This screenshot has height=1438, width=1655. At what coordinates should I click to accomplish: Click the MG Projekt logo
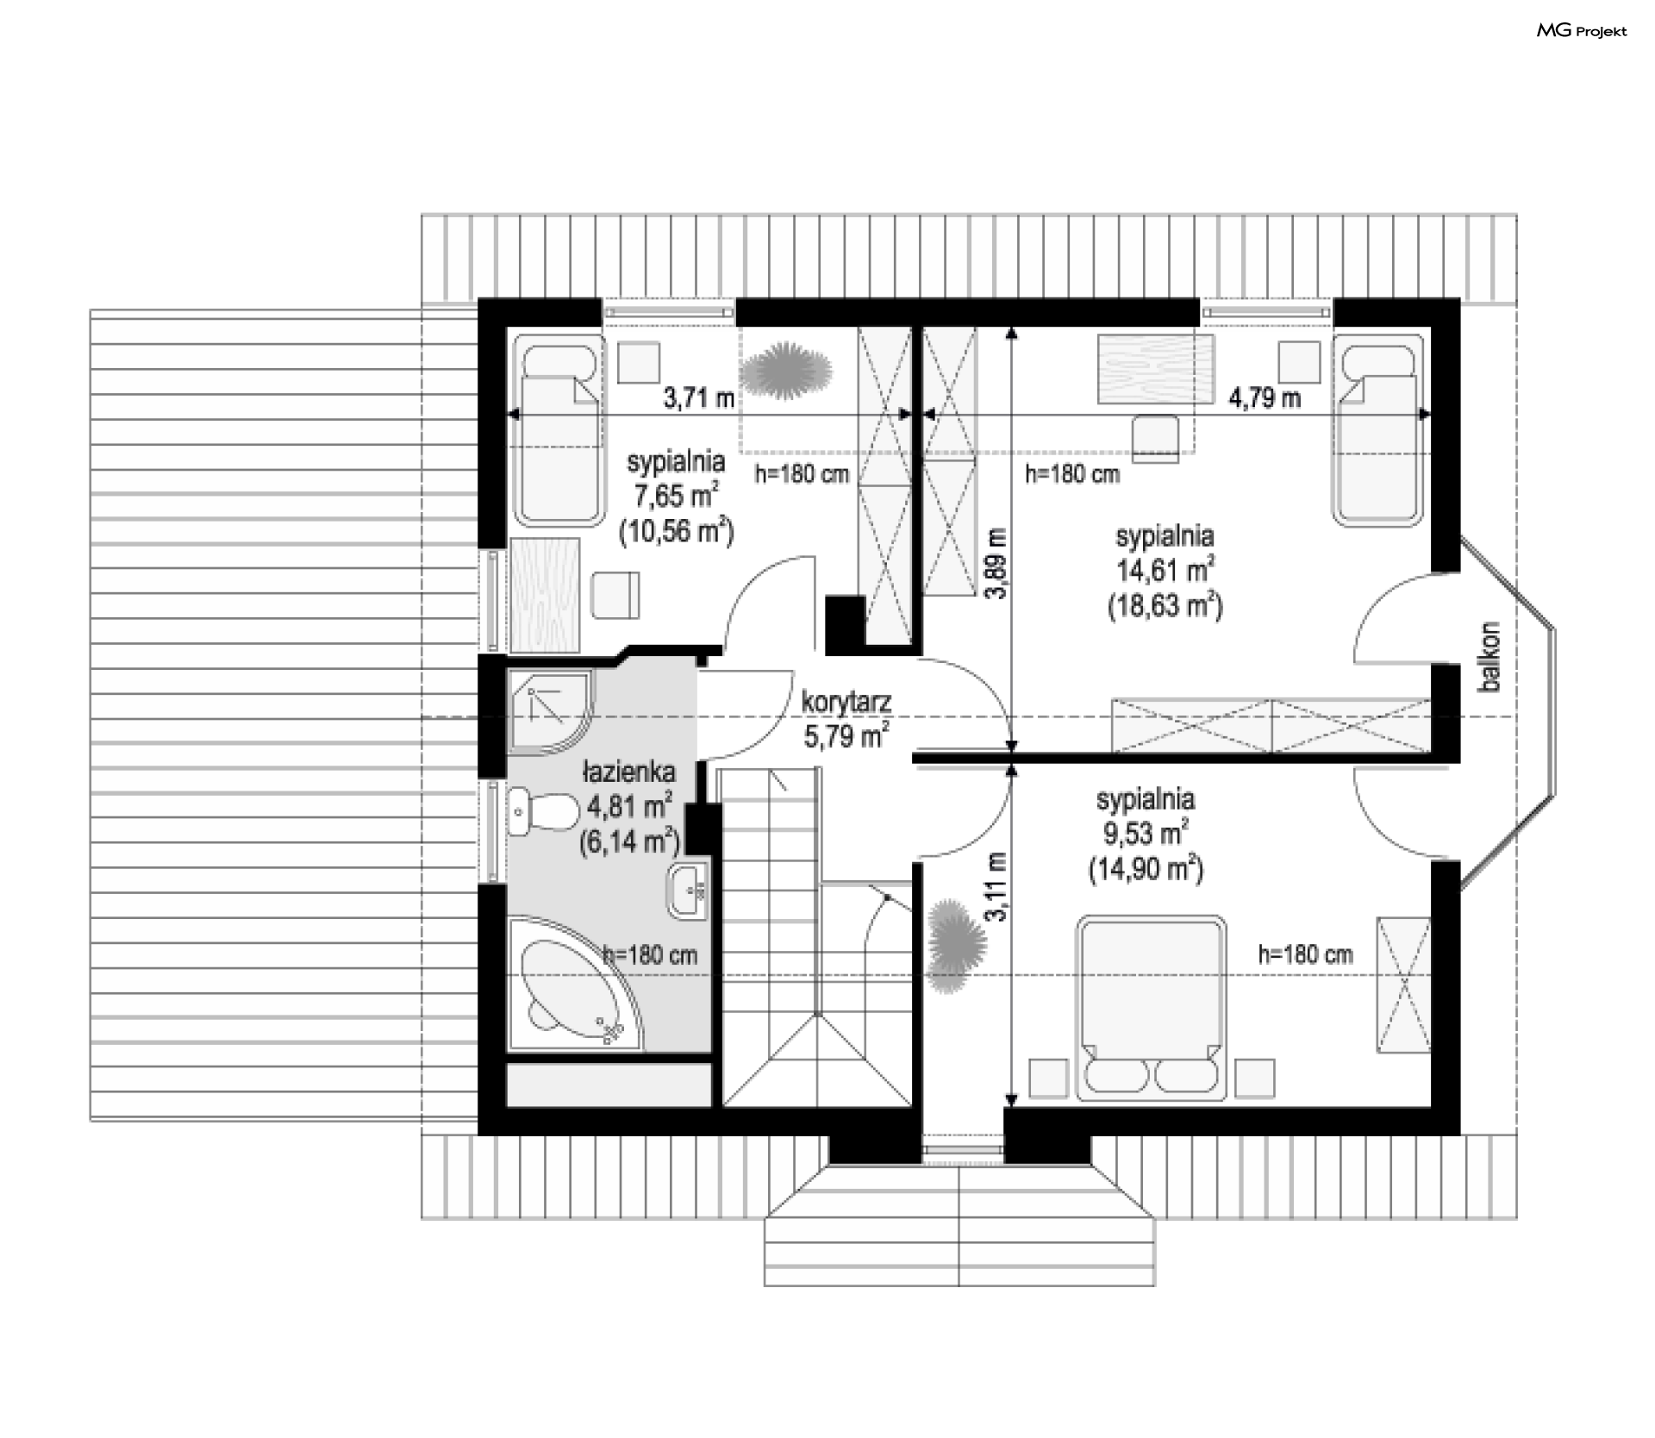pyautogui.click(x=1583, y=31)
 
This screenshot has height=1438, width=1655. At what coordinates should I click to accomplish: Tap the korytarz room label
pyautogui.click(x=846, y=702)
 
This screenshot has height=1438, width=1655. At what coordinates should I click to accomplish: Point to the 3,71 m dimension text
pyautogui.click(x=698, y=397)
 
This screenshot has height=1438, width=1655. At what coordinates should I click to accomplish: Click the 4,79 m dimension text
pyautogui.click(x=1264, y=397)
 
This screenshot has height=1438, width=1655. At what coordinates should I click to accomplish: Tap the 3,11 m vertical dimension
pyautogui.click(x=997, y=887)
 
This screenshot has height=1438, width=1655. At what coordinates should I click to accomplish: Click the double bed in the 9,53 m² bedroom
pyautogui.click(x=1151, y=1007)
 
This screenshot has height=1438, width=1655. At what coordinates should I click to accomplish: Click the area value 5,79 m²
pyautogui.click(x=846, y=735)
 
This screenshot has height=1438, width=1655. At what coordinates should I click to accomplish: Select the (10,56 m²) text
pyautogui.click(x=676, y=531)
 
